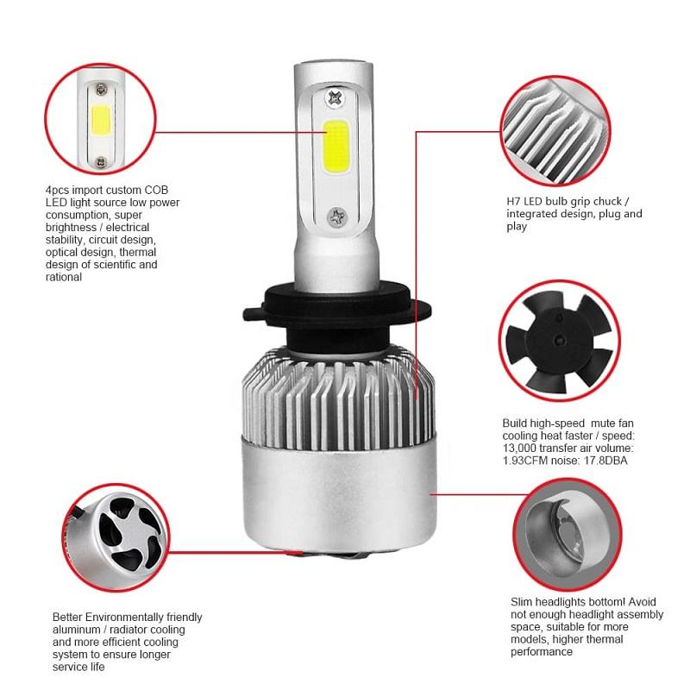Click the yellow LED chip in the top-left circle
point(101,120)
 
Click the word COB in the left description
point(156,190)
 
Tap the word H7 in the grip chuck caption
point(514,202)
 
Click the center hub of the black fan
point(559,339)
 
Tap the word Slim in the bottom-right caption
point(522,602)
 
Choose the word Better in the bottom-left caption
point(67,617)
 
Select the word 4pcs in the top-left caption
point(57,191)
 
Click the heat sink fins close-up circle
point(555,131)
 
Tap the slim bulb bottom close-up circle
point(568,535)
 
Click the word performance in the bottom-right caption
point(542,652)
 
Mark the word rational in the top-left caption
point(64,277)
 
